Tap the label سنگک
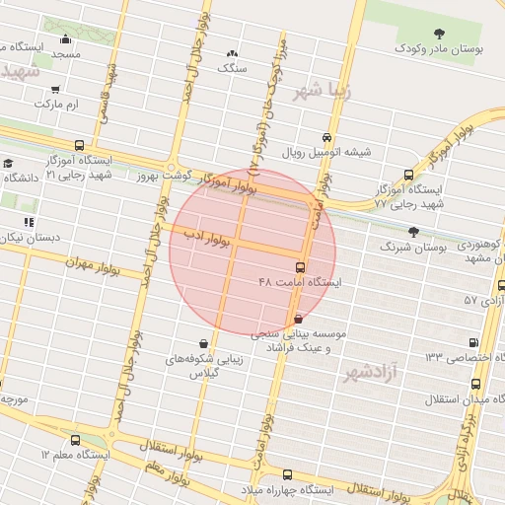pyautogui.click(x=235, y=70)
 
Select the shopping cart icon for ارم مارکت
pyautogui.click(x=55, y=89)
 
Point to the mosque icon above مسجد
pyautogui.click(x=65, y=39)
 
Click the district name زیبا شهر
pyautogui.click(x=322, y=93)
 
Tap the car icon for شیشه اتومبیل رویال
pyautogui.click(x=327, y=137)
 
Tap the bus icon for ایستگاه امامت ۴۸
pyautogui.click(x=301, y=267)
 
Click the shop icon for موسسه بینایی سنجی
pyautogui.click(x=298, y=319)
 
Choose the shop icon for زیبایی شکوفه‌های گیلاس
pyautogui.click(x=204, y=343)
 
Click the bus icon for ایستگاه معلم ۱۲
pyautogui.click(x=76, y=440)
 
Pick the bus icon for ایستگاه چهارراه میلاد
pyautogui.click(x=248, y=489)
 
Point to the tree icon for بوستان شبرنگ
pyautogui.click(x=413, y=233)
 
